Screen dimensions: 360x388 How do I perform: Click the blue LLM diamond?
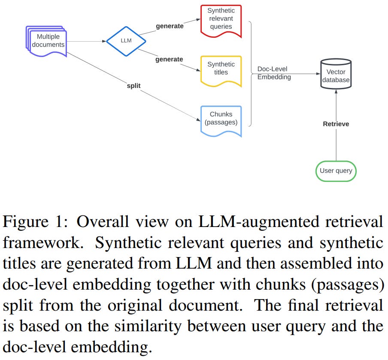(126, 41)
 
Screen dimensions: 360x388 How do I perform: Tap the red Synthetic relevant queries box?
(221, 20)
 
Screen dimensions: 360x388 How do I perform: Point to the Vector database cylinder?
(335, 76)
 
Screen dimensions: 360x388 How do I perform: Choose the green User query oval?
(336, 171)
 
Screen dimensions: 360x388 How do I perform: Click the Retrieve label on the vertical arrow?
(336, 124)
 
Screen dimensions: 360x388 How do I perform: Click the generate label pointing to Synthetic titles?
(169, 59)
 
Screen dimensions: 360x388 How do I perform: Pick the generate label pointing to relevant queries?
(170, 26)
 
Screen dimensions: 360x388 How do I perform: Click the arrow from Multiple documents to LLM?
(86, 42)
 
